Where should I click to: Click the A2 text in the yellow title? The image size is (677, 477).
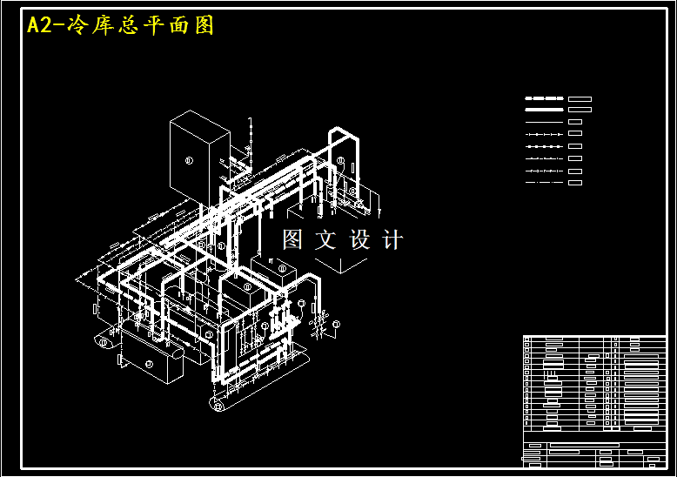pyautogui.click(x=39, y=26)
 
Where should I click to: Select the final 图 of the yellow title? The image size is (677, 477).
pyautogui.click(x=204, y=26)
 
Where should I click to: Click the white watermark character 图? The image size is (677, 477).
pyautogui.click(x=292, y=240)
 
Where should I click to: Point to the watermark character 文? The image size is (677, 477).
pyautogui.click(x=326, y=240)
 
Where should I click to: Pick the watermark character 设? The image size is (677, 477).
pyautogui.click(x=360, y=240)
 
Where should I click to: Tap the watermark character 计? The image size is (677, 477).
pyautogui.click(x=392, y=240)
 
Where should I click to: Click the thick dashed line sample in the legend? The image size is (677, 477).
pyautogui.click(x=545, y=98)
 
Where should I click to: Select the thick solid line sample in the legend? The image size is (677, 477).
pyautogui.click(x=545, y=110)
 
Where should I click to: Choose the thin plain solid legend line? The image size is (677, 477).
pyautogui.click(x=545, y=122)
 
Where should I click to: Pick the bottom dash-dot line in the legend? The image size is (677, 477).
pyautogui.click(x=545, y=183)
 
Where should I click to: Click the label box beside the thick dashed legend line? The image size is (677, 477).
pyautogui.click(x=580, y=98)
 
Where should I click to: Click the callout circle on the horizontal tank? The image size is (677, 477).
pyautogui.click(x=149, y=363)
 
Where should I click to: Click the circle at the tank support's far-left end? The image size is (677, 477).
pyautogui.click(x=103, y=342)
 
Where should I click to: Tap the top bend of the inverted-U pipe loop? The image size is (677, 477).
pyautogui.click(x=343, y=132)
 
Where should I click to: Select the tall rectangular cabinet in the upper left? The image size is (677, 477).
pyautogui.click(x=198, y=157)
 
